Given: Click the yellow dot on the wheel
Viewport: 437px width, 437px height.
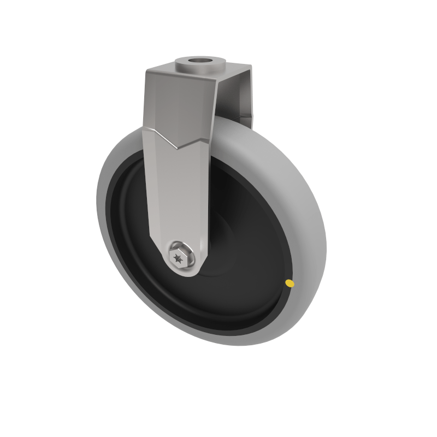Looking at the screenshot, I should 290,283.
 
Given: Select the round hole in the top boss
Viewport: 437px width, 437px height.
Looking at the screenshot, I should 202,60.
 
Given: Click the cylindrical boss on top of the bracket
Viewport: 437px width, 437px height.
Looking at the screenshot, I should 201,66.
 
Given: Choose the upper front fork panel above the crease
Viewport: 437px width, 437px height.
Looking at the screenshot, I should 178,104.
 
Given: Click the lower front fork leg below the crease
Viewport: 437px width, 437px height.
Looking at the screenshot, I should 178,197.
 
